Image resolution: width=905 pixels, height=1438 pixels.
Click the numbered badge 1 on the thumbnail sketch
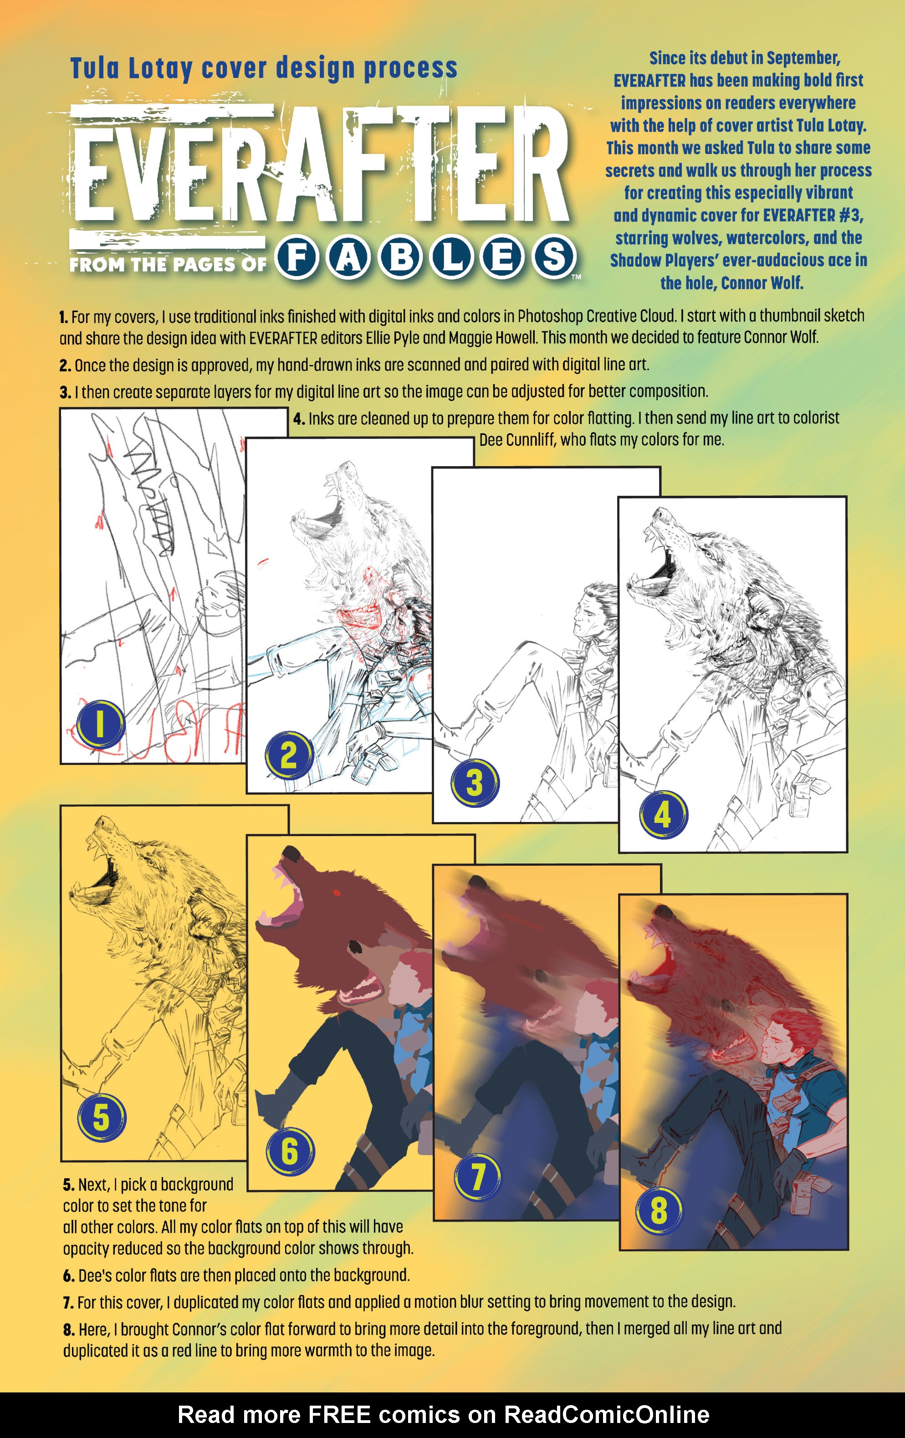[100, 724]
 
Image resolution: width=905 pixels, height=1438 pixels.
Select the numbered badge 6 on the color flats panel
[290, 1151]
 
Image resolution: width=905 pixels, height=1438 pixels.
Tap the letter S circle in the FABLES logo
[553, 257]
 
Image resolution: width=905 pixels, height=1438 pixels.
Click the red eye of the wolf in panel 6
[336, 894]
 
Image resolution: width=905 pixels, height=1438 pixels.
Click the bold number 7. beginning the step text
[69, 1302]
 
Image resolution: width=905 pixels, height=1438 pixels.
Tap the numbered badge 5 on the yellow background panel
[101, 1117]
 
